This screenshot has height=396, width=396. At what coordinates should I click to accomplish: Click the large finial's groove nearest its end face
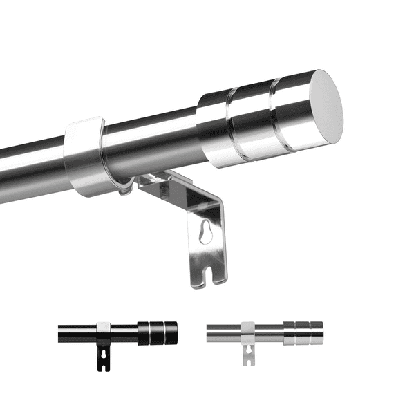pos(274,114)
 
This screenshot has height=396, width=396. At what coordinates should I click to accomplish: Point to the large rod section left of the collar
pos(31,166)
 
